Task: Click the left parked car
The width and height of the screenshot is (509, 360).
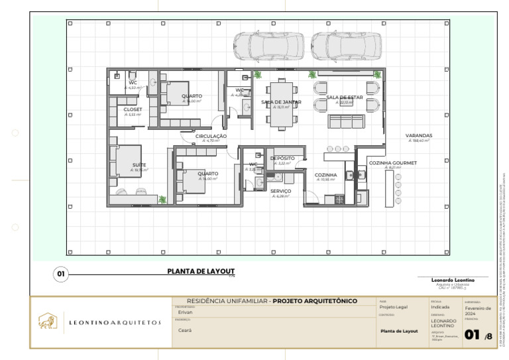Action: tap(268, 46)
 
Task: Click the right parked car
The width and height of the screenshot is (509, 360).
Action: tap(346, 46)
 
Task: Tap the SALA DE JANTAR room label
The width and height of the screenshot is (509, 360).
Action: tap(281, 102)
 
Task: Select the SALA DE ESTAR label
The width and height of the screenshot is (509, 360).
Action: tap(344, 97)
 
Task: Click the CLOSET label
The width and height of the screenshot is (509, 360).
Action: tap(133, 109)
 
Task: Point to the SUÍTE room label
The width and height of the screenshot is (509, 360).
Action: tap(139, 164)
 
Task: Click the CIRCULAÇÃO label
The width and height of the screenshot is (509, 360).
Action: tap(211, 136)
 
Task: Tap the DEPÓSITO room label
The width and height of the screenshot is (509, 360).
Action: tap(282, 158)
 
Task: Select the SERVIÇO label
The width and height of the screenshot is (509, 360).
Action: tap(280, 191)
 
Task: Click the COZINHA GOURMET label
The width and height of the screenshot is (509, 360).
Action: tap(392, 162)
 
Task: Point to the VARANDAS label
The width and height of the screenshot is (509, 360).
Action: tap(419, 135)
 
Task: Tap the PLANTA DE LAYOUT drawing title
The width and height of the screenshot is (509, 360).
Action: tap(201, 270)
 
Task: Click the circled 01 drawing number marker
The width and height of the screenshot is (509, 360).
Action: tap(60, 273)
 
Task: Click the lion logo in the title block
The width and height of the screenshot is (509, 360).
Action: tap(47, 322)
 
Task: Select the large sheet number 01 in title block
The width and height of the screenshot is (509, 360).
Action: tap(472, 335)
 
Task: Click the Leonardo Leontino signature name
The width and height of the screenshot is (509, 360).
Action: tap(453, 280)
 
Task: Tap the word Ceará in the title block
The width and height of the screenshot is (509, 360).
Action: tap(185, 330)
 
